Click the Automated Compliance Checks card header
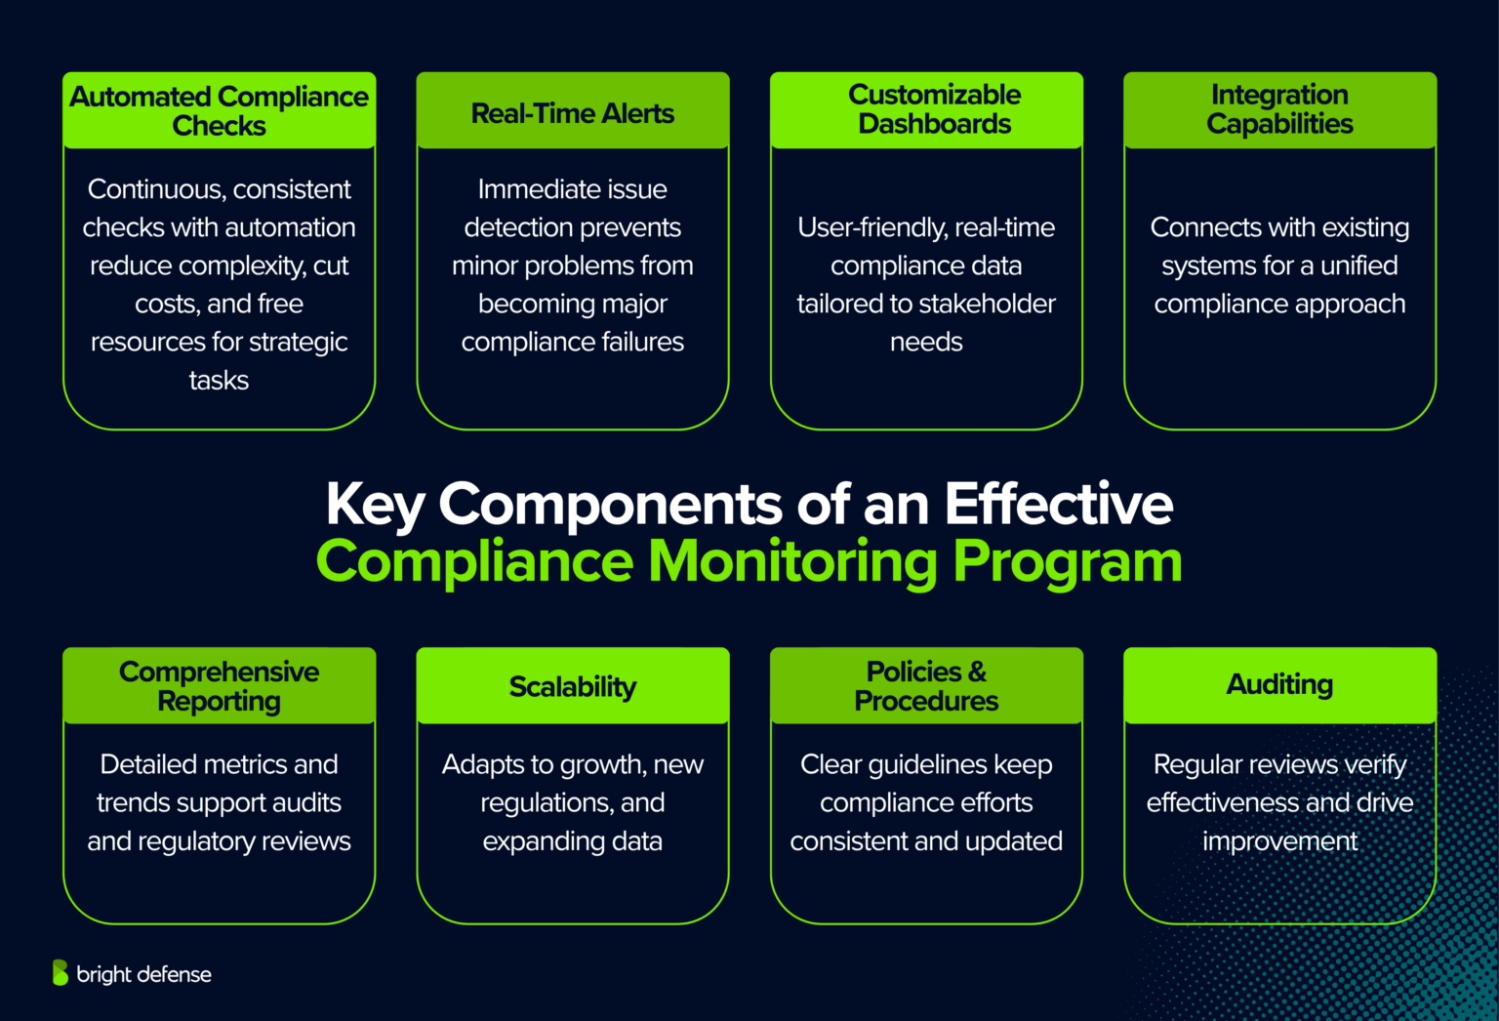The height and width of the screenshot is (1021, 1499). click(219, 110)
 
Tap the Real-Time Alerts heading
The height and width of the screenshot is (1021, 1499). click(572, 113)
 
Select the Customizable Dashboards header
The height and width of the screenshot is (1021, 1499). click(934, 109)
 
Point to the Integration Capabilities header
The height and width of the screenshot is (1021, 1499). click(1279, 109)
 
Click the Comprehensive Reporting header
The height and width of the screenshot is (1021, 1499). click(219, 686)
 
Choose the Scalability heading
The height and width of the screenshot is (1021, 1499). click(572, 686)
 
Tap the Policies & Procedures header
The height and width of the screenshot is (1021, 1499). click(926, 686)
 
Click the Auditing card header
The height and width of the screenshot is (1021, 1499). click(1279, 684)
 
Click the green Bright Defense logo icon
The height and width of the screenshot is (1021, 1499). click(61, 972)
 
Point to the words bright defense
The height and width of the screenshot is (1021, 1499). click(143, 974)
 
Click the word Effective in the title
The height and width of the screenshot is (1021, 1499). click(1058, 505)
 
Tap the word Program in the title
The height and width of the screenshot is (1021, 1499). click(1067, 562)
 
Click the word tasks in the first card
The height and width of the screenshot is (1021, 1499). click(219, 380)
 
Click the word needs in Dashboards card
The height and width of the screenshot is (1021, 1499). click(926, 342)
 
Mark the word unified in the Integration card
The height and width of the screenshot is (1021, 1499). click(1358, 265)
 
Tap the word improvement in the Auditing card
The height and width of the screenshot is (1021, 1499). click(1279, 840)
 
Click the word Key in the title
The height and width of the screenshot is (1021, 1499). click(375, 505)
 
